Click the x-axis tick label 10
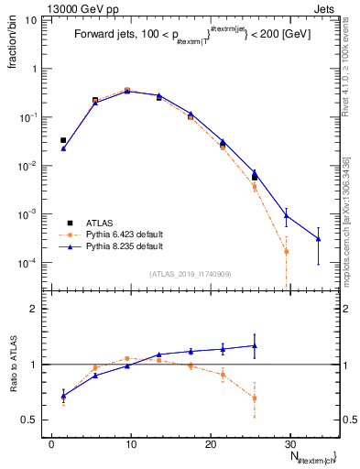pos(131,443)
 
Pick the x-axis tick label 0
pos(51,443)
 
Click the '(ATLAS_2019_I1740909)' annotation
pos(191,273)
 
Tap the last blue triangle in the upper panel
pos(318,239)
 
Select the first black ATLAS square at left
pos(63,140)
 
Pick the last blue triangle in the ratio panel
pos(255,345)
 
